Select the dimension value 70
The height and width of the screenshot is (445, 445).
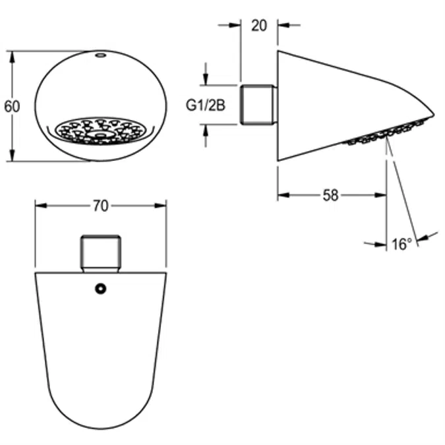[100, 206]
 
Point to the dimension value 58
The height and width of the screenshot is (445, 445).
[332, 195]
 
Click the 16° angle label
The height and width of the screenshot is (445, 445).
[401, 245]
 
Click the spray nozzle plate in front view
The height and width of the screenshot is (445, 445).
[100, 130]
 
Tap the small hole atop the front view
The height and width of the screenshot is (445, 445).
[100, 55]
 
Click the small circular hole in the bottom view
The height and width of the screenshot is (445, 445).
[100, 289]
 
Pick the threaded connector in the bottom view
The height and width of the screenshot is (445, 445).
[100, 252]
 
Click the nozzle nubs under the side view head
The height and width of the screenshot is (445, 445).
[382, 132]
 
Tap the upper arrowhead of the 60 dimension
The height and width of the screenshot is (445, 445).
[12, 55]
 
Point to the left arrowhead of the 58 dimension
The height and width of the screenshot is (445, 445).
[282, 195]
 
